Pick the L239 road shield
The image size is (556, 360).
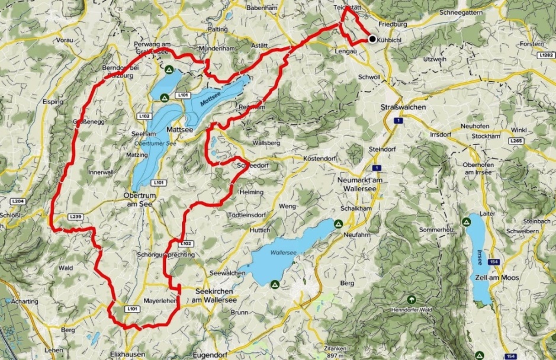tap(75, 217)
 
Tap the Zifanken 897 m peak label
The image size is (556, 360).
tap(335, 352)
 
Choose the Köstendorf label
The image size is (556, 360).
tap(319, 159)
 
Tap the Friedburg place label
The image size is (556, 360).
tap(394, 25)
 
